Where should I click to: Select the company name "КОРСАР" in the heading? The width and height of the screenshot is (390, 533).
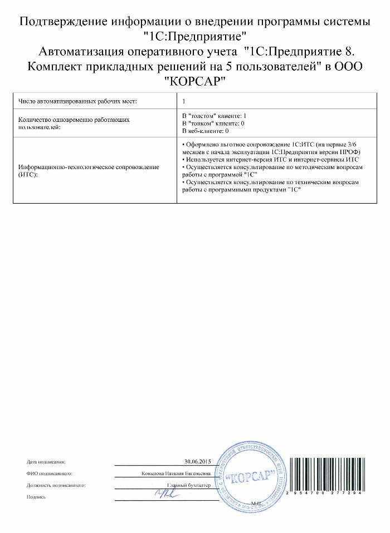coord(195,81)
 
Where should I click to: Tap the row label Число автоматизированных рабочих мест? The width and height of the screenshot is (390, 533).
coord(77,101)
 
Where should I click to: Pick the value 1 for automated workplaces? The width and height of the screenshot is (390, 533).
coord(184,101)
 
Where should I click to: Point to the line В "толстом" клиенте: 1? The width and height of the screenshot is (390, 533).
coord(211,115)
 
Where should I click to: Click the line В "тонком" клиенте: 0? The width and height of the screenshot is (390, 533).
coord(211,123)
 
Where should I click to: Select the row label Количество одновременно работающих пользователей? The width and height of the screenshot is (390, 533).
coord(75,122)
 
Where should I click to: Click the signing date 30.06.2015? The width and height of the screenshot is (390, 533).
coord(198,462)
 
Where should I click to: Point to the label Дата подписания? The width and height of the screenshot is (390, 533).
coord(46,462)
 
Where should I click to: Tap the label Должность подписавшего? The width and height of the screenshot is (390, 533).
coord(56,485)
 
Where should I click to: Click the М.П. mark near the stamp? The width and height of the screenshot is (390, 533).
coord(256,502)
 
